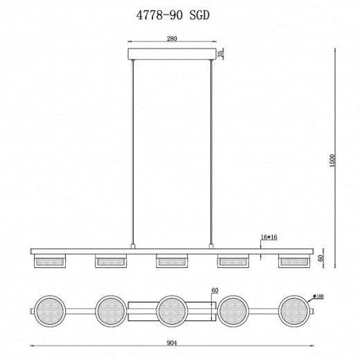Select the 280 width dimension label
click(x=171, y=39)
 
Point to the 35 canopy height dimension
click(x=222, y=55)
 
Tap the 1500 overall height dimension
click(x=333, y=161)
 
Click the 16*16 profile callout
click(x=269, y=237)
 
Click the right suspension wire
click(x=210, y=152)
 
